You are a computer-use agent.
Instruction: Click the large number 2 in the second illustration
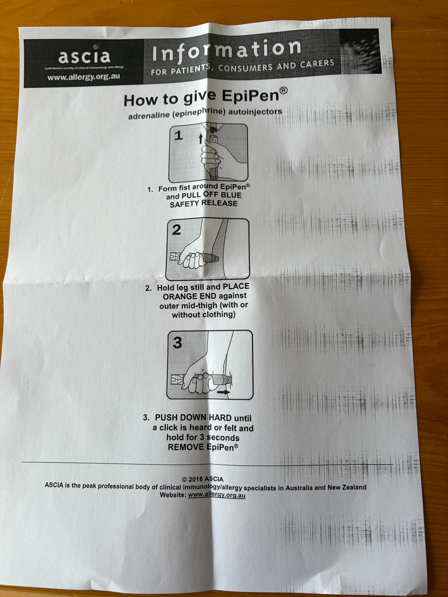pos(177,230)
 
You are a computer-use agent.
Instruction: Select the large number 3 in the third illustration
pos(177,343)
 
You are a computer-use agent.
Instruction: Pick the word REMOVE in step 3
pos(186,447)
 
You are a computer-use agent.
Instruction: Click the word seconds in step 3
pos(223,438)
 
